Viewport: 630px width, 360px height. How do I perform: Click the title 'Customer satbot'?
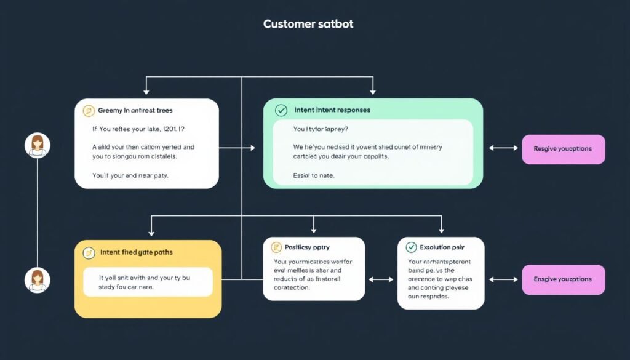point(308,25)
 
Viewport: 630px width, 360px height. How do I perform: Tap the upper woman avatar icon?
point(38,145)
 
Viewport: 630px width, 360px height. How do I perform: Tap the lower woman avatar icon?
point(38,279)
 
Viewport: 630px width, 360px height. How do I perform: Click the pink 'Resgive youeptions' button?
point(563,149)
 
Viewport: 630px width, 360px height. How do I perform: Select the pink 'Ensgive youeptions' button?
point(563,279)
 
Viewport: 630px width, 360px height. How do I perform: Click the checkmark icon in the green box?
point(281,111)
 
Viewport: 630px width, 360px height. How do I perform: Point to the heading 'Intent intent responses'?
point(332,111)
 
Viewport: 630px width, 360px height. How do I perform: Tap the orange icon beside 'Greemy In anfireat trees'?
point(88,111)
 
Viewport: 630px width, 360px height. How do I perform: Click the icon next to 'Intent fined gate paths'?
point(89,252)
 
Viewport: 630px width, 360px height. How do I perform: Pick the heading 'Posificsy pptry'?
point(307,247)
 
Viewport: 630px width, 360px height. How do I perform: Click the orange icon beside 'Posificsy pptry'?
point(276,247)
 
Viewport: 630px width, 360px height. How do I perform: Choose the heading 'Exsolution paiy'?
point(442,247)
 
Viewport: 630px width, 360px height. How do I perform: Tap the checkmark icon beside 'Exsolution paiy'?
point(411,247)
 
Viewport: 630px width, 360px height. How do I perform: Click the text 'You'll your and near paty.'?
point(130,175)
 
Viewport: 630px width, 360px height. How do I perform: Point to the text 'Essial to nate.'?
point(314,175)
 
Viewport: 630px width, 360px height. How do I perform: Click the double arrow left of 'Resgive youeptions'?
point(503,148)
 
